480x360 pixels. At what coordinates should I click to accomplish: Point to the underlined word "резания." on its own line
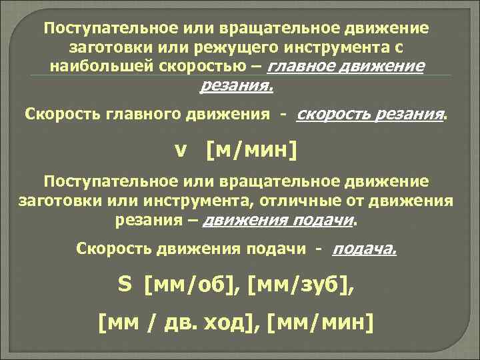click(237, 85)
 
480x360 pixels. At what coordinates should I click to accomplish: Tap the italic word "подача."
click(365, 249)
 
